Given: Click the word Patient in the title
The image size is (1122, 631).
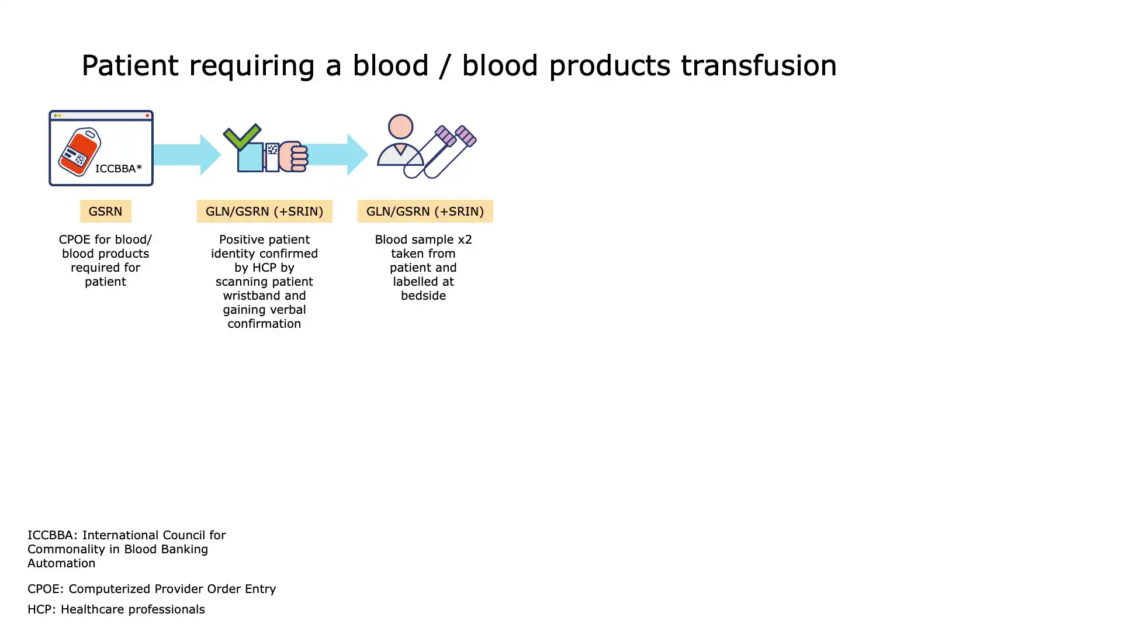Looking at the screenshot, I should pos(130,65).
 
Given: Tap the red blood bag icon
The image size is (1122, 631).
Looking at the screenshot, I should pos(79,152).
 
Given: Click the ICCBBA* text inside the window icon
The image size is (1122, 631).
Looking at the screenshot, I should pos(119,169).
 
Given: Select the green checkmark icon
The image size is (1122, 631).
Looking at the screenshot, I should pos(242,137).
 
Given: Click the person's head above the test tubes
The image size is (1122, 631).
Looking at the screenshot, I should pos(400,127).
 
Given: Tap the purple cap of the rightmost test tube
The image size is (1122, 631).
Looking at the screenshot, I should pos(466,136).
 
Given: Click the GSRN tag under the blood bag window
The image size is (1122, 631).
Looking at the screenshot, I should pos(105,211).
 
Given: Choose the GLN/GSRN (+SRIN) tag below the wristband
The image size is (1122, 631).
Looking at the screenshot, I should pos(264,211).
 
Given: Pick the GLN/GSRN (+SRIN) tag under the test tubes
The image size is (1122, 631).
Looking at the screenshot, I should pos(425,211).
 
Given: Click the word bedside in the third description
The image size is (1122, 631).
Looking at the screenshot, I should pos(423,296).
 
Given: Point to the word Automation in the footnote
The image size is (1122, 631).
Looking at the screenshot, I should pos(61,563).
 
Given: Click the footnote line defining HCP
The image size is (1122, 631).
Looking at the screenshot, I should pos(116,609).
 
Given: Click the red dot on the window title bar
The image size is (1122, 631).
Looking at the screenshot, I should pos(147,116).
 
